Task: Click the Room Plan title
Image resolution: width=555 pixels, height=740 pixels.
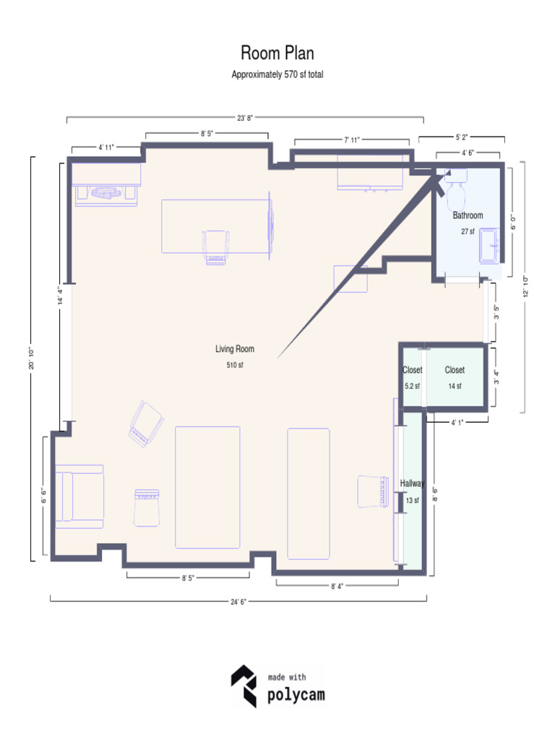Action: point(277,53)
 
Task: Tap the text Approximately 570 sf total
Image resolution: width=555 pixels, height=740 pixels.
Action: point(277,74)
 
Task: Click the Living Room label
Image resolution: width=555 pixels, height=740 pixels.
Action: point(235,349)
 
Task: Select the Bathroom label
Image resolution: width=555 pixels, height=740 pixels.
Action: point(468,215)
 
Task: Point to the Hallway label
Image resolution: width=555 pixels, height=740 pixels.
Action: point(413,484)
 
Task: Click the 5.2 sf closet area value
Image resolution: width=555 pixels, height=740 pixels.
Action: point(412,386)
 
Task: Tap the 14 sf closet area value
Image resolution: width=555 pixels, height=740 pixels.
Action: point(455,386)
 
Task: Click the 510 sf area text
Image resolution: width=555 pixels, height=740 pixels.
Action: point(235,365)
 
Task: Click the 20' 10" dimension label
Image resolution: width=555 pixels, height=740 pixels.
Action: point(30,359)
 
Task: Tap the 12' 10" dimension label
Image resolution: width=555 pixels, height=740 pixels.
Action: point(526,287)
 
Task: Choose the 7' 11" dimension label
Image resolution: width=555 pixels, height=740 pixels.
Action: point(352,139)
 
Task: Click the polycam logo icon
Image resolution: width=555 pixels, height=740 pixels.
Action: point(244,686)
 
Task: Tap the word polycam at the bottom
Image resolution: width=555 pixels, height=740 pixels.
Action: point(296,696)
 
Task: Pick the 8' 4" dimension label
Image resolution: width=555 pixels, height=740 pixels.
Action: point(337,586)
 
